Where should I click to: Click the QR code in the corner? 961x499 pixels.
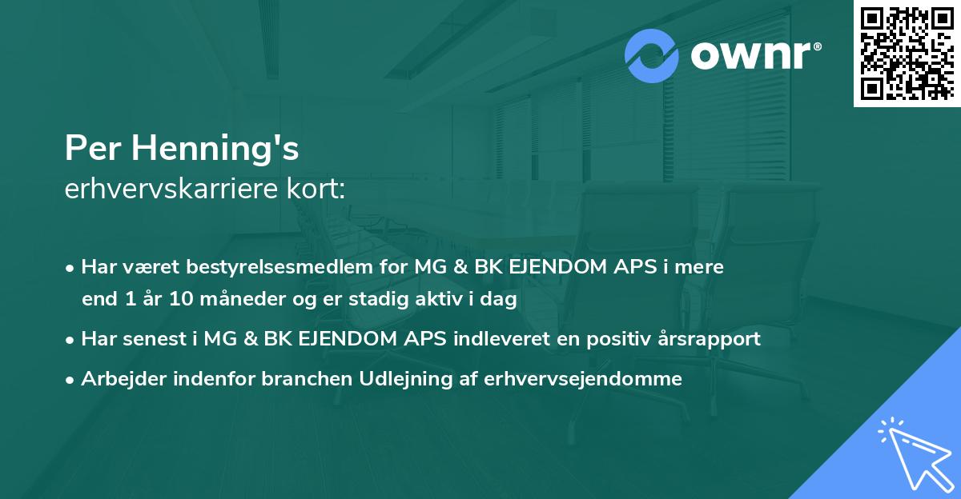pyautogui.click(x=907, y=54)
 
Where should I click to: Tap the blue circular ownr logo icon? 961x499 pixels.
pyautogui.click(x=653, y=57)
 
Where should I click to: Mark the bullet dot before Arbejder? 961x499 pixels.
pyautogui.click(x=70, y=380)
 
